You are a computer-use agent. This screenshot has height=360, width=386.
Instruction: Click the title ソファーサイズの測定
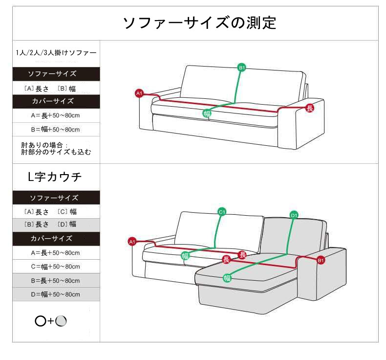coord(199,22)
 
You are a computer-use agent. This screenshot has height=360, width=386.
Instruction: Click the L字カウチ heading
coord(54,177)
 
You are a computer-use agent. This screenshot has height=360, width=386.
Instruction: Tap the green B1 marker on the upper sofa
coord(242,67)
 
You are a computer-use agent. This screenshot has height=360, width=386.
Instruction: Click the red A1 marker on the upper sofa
coord(139,93)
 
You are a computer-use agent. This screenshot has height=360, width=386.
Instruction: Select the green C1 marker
coord(222,212)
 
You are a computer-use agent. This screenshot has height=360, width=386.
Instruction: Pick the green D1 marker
coord(294,215)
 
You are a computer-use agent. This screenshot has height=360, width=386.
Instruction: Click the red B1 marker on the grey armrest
coord(321,260)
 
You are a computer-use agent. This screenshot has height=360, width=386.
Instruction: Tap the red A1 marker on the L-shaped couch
coord(132,242)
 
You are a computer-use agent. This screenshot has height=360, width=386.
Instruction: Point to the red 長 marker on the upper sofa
coord(310,108)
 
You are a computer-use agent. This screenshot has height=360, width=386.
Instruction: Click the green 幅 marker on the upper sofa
coord(207,113)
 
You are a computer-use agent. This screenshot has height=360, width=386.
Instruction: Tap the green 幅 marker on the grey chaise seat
coord(227,278)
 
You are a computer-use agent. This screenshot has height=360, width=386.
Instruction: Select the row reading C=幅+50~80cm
coord(56,267)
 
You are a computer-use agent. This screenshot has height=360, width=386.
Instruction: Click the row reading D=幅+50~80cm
coord(56,294)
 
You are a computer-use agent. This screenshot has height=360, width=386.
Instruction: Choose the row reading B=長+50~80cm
coord(56,280)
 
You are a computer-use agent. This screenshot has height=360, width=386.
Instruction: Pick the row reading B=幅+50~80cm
coord(55,129)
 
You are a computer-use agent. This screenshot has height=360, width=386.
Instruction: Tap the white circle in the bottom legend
coord(41,321)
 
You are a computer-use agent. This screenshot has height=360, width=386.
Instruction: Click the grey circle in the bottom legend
coord(61,321)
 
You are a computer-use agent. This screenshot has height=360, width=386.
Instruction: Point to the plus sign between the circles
coord(51,321)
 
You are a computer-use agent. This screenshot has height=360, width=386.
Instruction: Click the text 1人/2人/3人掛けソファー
coord(56,53)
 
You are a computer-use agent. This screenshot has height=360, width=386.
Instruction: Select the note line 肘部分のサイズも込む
coord(56,152)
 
